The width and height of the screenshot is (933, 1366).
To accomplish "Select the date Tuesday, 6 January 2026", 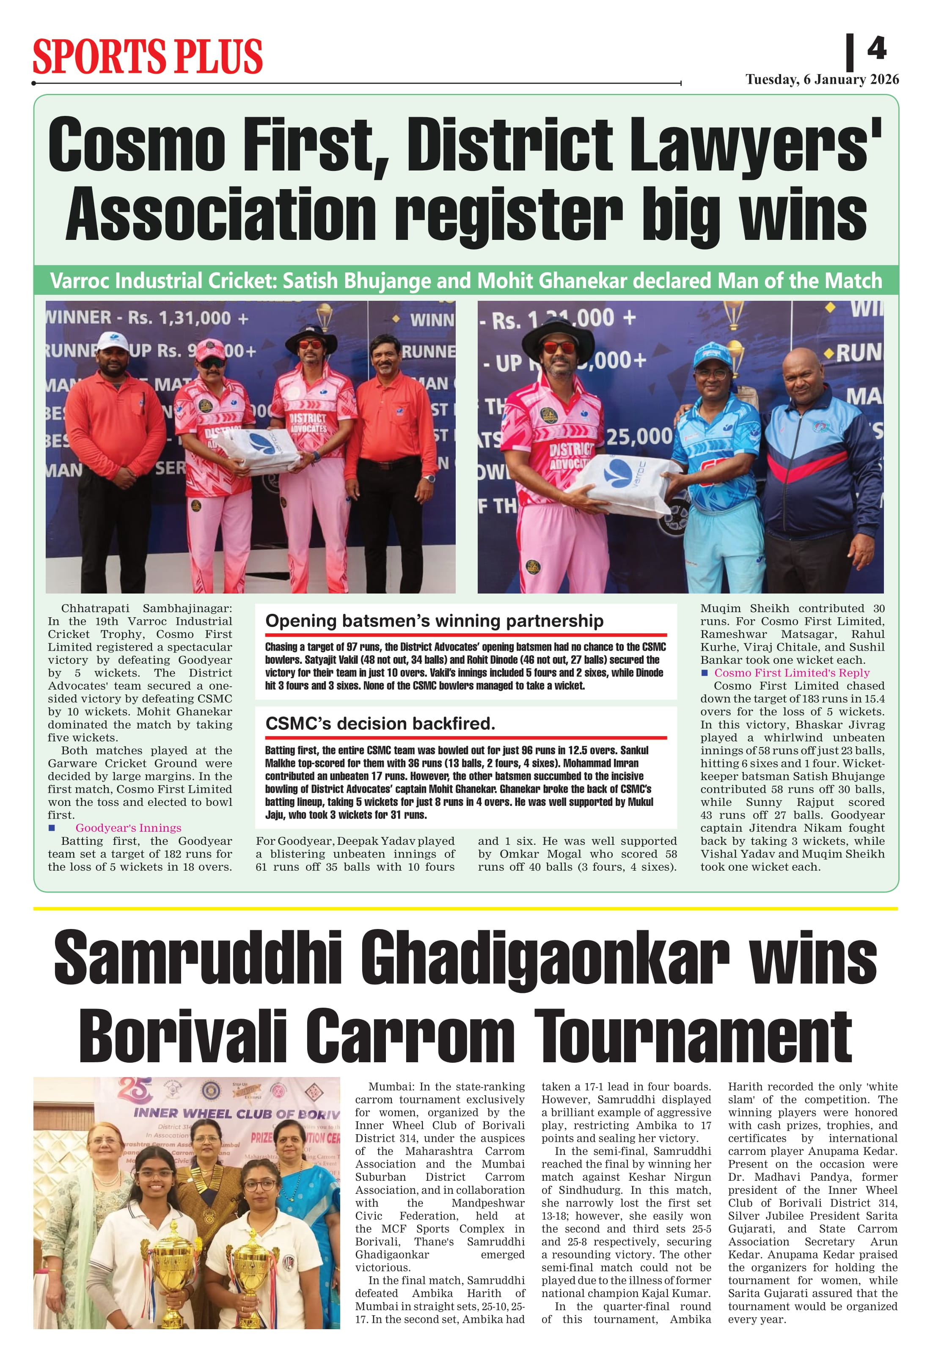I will (822, 80).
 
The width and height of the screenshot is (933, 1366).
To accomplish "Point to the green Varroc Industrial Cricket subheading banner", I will (465, 280).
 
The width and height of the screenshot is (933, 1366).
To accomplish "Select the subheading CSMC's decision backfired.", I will (380, 723).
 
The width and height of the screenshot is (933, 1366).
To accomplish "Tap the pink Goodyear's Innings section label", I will (128, 827).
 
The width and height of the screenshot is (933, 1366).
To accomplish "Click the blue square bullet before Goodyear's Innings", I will (52, 827).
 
